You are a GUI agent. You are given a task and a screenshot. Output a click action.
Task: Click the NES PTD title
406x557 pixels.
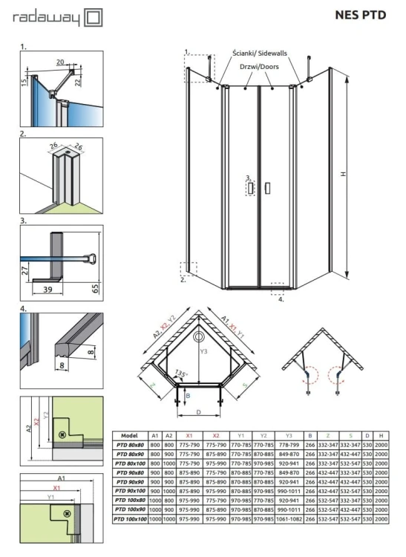tap(361, 15)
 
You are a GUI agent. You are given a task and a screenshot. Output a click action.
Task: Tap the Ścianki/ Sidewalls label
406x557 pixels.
tap(260, 54)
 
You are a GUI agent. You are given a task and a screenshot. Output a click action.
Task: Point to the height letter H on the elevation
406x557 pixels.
tap(343, 173)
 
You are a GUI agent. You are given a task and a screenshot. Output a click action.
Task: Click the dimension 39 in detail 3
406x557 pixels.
tap(48, 287)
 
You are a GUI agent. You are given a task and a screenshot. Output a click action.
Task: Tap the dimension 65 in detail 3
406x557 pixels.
tap(94, 287)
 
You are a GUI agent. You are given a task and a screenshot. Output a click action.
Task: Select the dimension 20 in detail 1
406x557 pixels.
tap(59, 63)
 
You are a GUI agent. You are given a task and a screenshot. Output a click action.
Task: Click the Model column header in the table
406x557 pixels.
tap(128, 436)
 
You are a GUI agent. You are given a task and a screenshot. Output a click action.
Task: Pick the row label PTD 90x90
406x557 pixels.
tap(128, 481)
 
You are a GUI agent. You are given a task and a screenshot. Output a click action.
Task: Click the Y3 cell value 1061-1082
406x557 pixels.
tap(289, 519)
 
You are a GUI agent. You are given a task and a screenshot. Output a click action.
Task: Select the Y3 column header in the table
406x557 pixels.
tap(289, 436)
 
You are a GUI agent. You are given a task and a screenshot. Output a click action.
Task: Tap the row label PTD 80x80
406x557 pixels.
tap(128, 444)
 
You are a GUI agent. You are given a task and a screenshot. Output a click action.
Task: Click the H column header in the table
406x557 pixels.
tap(381, 436)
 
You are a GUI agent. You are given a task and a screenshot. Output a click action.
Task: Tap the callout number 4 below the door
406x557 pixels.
tap(281, 300)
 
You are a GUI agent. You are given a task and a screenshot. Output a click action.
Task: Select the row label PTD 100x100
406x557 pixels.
tap(128, 519)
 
